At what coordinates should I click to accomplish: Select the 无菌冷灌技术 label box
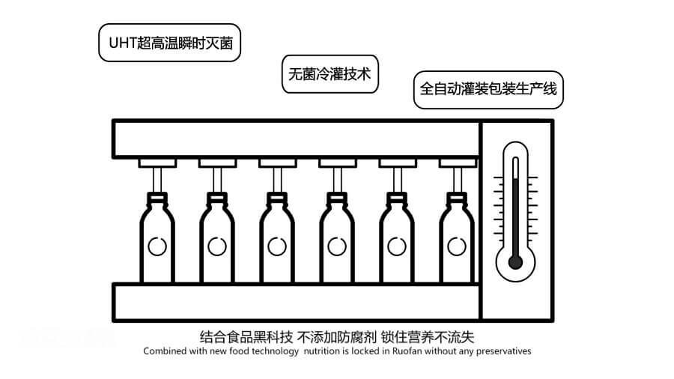[x=330, y=75]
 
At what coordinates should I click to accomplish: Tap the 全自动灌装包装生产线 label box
[x=488, y=89]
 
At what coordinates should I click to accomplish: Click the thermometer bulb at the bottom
[x=515, y=261]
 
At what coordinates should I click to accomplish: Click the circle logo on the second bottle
[x=216, y=246]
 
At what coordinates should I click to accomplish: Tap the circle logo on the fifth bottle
[x=395, y=246]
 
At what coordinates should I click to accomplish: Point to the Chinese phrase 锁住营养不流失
[x=428, y=336]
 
